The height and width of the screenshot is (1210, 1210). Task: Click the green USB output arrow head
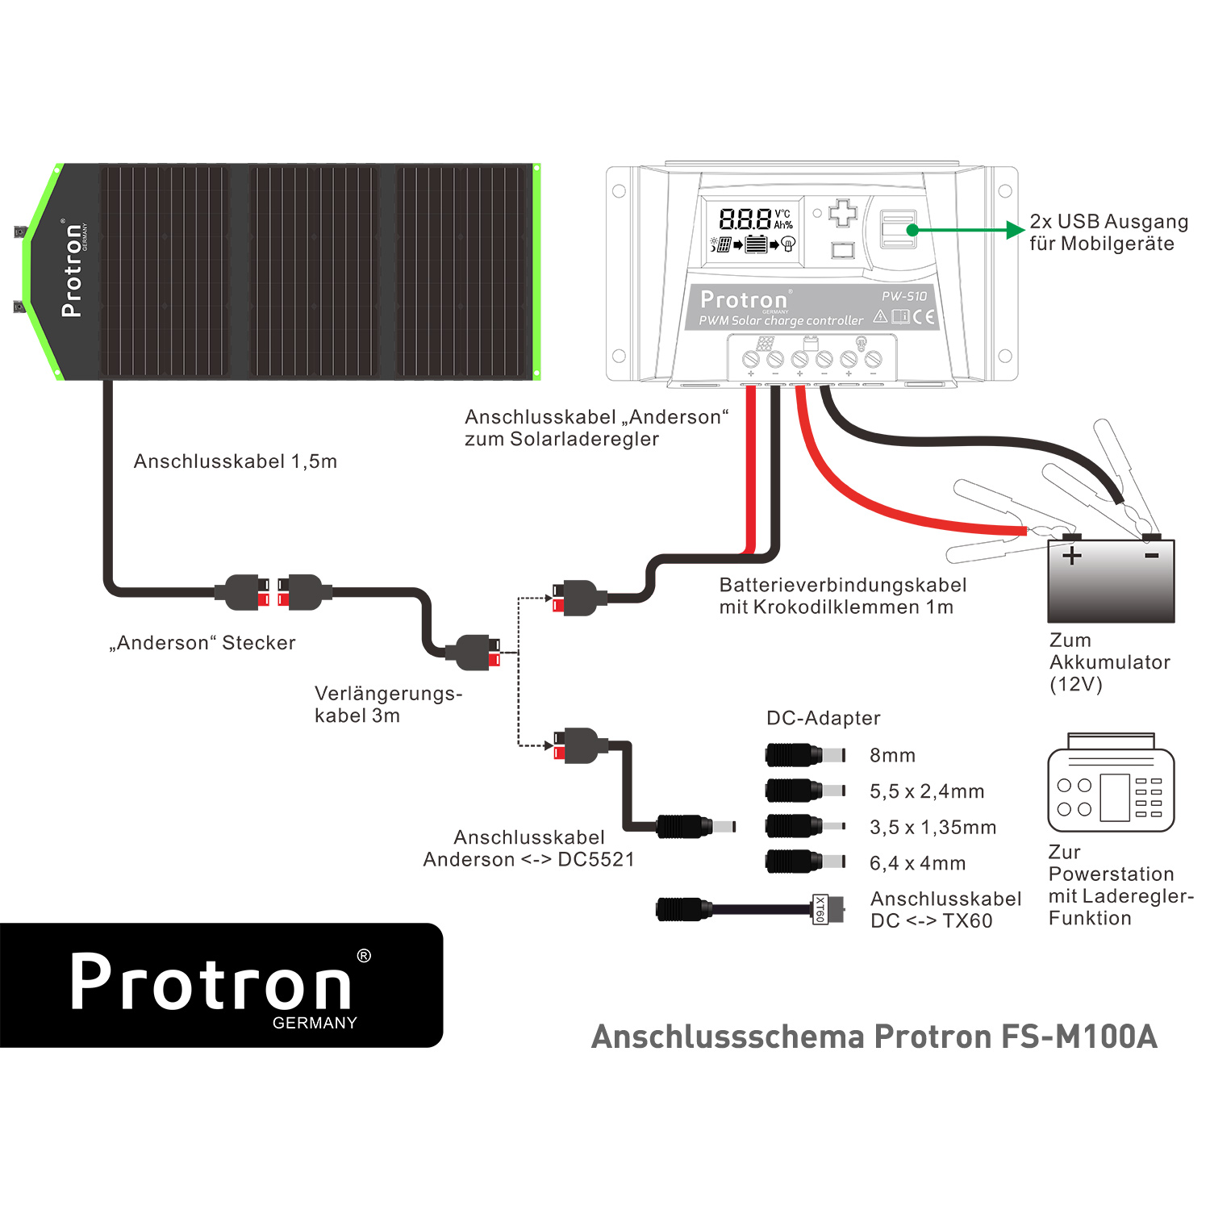pyautogui.click(x=1016, y=231)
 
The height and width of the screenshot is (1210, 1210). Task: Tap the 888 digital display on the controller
pyautogui.click(x=745, y=219)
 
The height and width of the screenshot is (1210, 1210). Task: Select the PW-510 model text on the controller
pyautogui.click(x=903, y=296)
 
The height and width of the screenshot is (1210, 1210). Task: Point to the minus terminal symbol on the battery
pyautogui.click(x=1151, y=555)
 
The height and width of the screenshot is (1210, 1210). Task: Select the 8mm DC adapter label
pyautogui.click(x=892, y=755)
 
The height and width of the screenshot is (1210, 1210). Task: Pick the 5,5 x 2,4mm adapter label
pyautogui.click(x=926, y=791)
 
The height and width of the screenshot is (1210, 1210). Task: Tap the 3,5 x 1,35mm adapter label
pyautogui.click(x=933, y=827)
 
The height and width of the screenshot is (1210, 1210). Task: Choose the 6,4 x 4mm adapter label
pyautogui.click(x=917, y=863)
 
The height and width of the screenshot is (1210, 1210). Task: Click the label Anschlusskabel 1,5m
pyautogui.click(x=235, y=461)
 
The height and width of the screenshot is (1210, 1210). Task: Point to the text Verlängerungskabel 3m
pyautogui.click(x=387, y=704)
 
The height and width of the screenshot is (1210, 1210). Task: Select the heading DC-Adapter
pyautogui.click(x=823, y=718)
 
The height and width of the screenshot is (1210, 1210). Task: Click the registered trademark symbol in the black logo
pyautogui.click(x=364, y=956)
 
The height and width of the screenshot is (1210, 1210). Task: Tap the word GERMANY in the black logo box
pyautogui.click(x=315, y=1023)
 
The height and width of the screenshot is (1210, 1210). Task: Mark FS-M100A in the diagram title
pyautogui.click(x=1079, y=1037)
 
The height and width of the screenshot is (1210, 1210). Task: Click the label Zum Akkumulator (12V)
pyautogui.click(x=1109, y=662)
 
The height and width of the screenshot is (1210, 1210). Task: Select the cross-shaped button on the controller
pyautogui.click(x=843, y=213)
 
